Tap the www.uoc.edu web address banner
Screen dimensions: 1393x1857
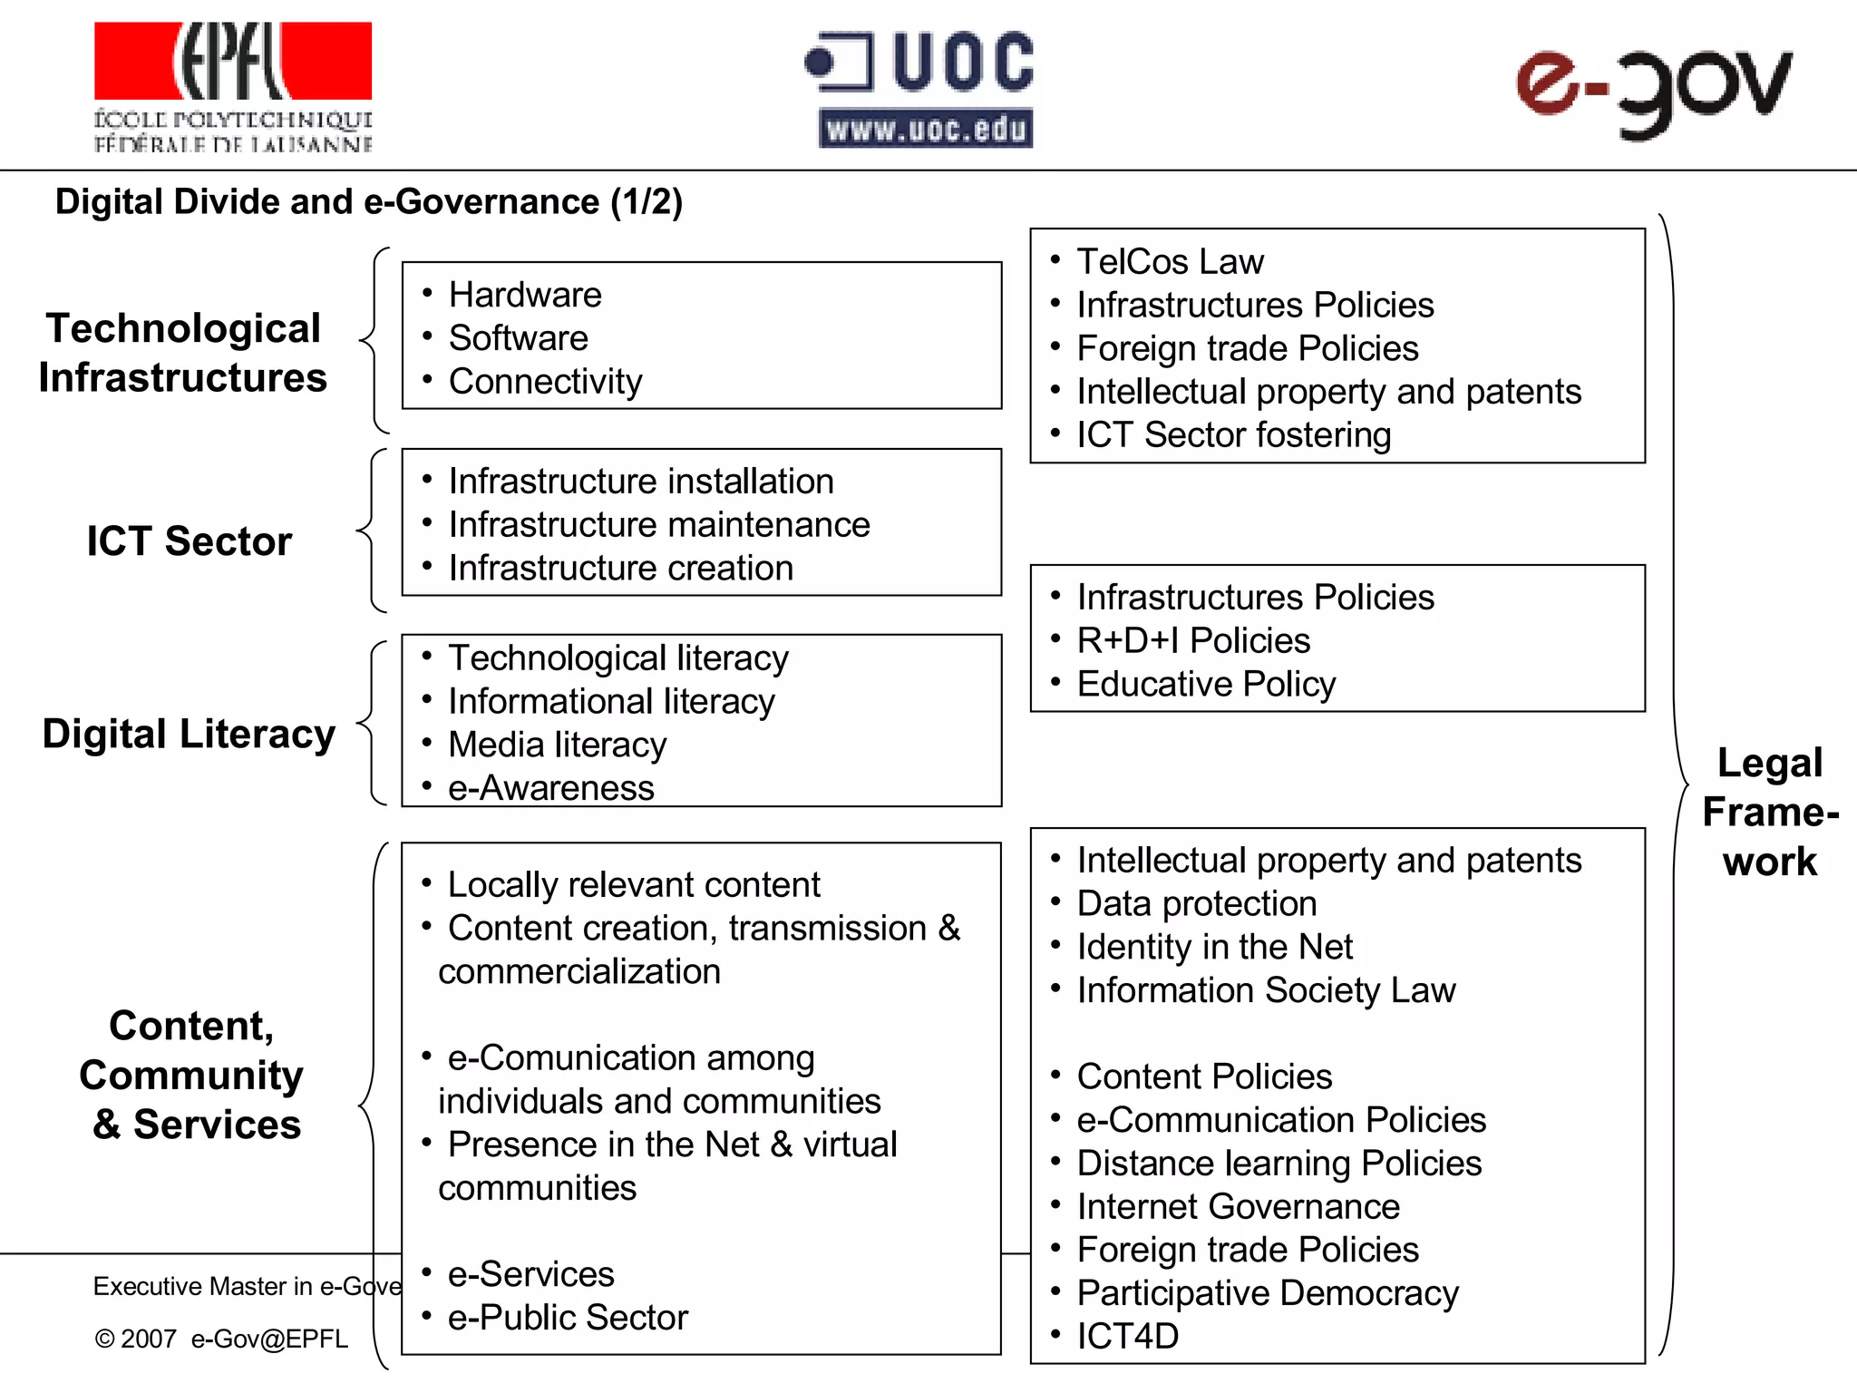(x=925, y=129)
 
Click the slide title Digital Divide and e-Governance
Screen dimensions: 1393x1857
(x=368, y=201)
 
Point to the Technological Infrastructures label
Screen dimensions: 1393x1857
(x=183, y=353)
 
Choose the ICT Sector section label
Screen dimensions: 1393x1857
(x=190, y=541)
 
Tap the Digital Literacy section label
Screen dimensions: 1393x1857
(x=189, y=734)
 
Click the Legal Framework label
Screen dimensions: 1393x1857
(x=1770, y=812)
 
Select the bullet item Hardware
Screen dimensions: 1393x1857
(x=525, y=295)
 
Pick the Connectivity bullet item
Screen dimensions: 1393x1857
(x=545, y=382)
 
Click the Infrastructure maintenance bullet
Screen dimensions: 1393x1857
(x=659, y=525)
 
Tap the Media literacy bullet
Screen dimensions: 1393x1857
(x=557, y=745)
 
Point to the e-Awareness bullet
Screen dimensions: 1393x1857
(x=550, y=788)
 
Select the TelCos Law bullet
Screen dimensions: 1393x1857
(x=1170, y=262)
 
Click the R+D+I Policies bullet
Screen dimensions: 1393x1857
(x=1193, y=641)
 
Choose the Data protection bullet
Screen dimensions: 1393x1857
(x=1197, y=904)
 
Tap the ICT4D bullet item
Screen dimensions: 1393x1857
(x=1127, y=1337)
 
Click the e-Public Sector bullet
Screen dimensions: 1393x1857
(x=568, y=1318)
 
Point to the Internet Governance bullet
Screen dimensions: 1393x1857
(x=1238, y=1207)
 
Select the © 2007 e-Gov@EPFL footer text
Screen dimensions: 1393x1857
(x=221, y=1339)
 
